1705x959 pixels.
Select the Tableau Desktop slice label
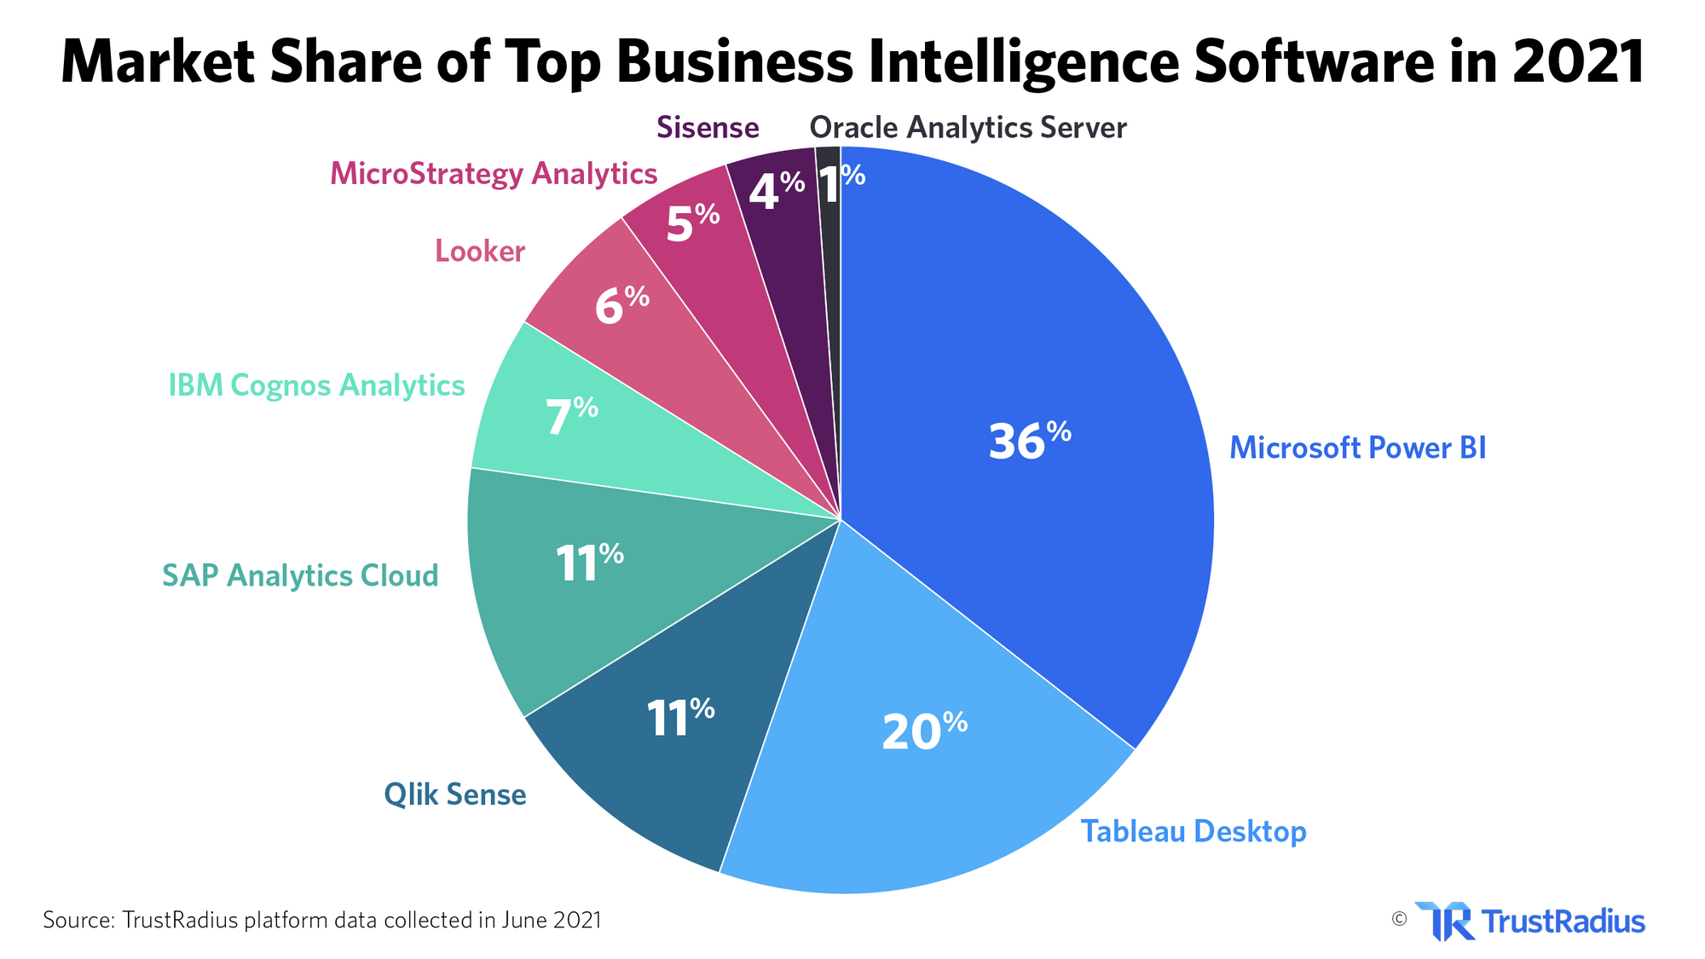1193,831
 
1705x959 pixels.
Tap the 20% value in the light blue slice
923,731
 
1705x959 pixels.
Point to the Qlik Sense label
454,795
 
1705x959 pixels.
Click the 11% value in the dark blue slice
679,718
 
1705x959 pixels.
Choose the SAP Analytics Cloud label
300,575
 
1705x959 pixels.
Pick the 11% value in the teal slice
589,563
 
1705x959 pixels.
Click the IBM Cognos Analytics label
316,385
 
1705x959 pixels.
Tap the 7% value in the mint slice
571,417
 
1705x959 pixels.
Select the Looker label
480,251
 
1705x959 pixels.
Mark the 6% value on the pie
621,306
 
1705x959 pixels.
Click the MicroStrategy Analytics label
494,174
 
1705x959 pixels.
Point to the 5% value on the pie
692,224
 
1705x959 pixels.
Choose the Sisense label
708,128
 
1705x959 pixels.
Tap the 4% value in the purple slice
776,192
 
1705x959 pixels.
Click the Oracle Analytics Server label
968,128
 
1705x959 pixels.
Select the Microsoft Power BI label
1357,448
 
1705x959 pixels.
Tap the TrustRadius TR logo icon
1444,921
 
